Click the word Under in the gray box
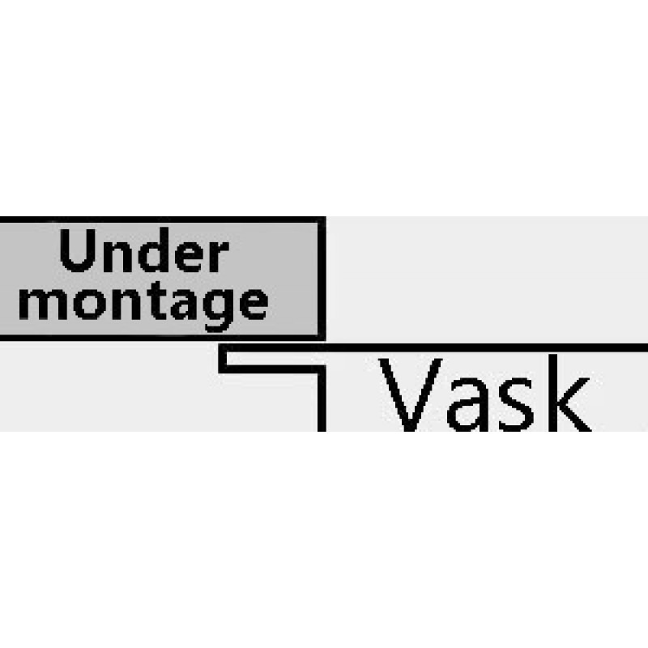pyautogui.click(x=143, y=254)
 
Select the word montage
pyautogui.click(x=152, y=301)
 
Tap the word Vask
pyautogui.click(x=484, y=397)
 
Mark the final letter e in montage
pyautogui.click(x=250, y=302)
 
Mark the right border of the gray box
pyautogui.click(x=322, y=275)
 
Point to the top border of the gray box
pyautogui.click(x=162, y=220)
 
